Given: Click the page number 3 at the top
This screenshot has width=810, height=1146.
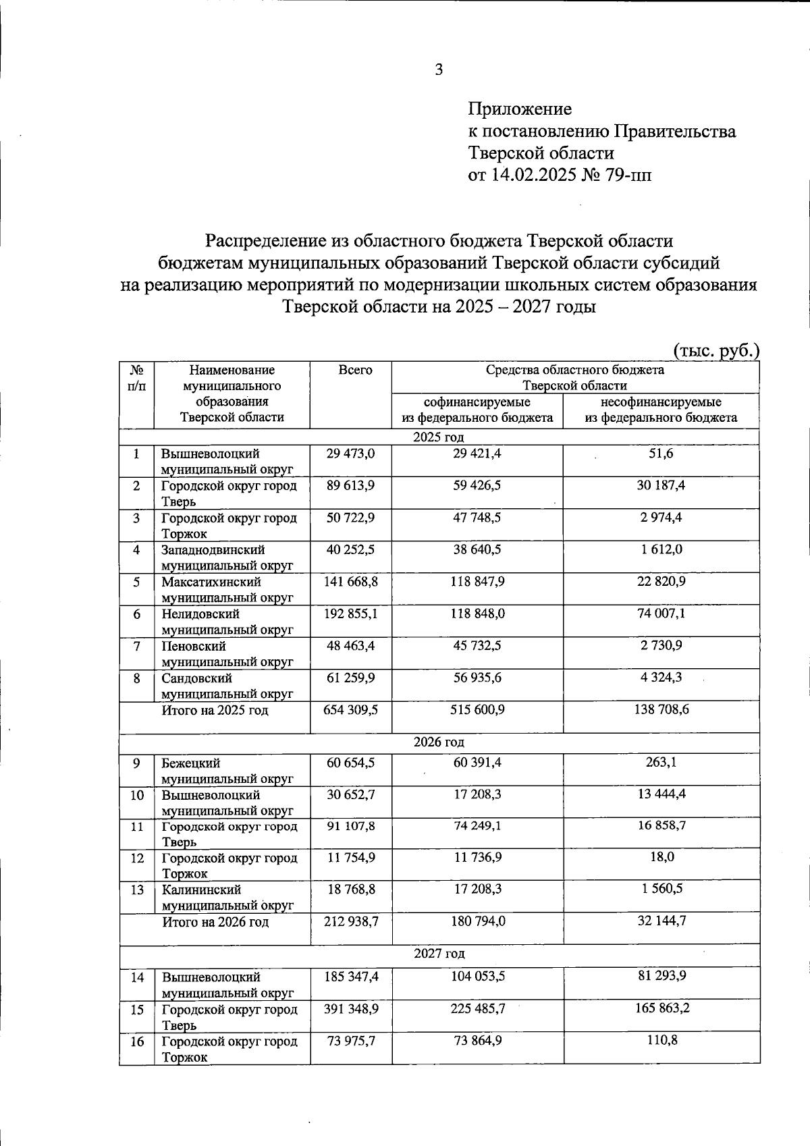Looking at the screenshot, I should coord(439,70).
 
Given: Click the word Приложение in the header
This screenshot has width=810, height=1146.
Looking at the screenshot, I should coord(520,109).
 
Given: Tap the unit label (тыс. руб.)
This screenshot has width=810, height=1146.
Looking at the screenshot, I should coord(716,351).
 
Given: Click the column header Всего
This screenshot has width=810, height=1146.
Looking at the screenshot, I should coord(355,370).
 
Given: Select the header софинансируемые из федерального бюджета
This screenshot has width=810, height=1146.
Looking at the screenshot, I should coord(477,410).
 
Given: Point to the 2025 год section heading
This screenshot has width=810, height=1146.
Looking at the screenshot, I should coord(439,437).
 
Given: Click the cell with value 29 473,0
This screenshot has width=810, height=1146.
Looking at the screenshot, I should coord(350,454).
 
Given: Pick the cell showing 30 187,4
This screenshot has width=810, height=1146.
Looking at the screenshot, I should coord(661,486).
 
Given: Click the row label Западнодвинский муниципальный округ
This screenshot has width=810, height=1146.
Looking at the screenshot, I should coord(227,557).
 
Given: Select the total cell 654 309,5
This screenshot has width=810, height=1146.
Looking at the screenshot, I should coord(351,710).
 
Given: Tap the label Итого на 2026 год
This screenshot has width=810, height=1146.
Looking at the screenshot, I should coord(215,922).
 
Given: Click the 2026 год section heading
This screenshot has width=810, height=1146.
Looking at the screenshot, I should coord(439,742).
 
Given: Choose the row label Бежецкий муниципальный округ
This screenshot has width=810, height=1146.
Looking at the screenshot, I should coord(227,771).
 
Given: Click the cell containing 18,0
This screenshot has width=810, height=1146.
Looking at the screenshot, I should coord(661,857).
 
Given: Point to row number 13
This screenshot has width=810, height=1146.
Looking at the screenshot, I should coord(137,890).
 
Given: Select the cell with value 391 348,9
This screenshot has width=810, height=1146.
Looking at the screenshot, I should coord(351,1009).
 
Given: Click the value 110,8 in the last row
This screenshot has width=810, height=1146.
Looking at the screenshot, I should coord(661,1041).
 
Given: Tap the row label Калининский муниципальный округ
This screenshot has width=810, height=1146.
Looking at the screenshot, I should coord(227,898).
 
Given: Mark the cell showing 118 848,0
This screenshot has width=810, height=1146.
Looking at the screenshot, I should coord(477,614).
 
